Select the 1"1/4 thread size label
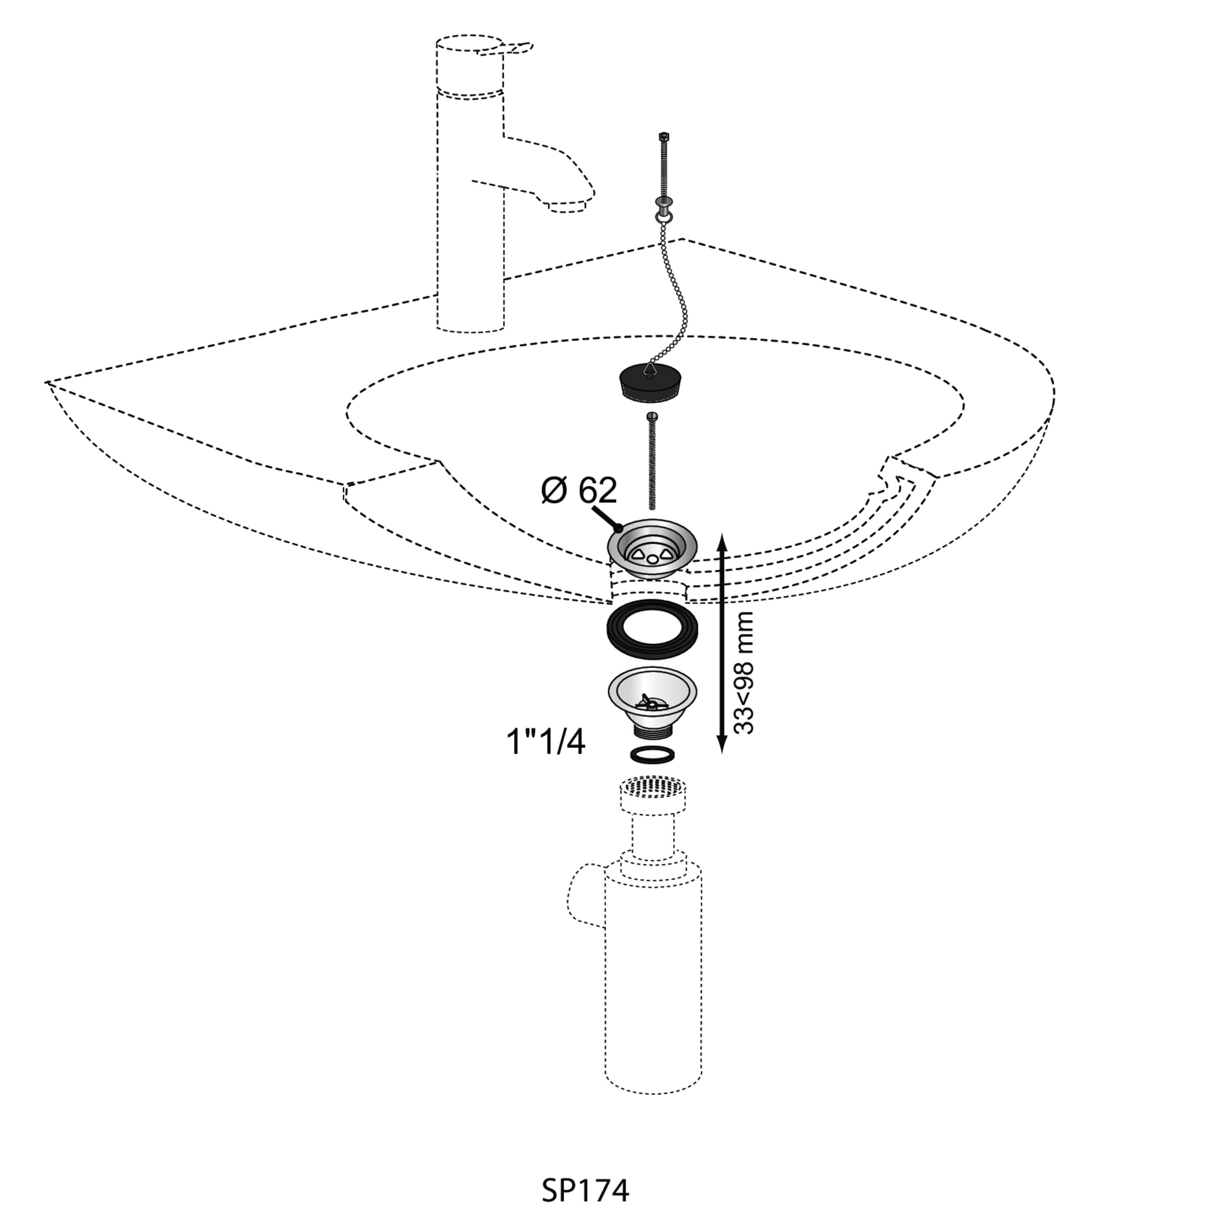coord(546,742)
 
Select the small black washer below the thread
coord(653,755)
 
